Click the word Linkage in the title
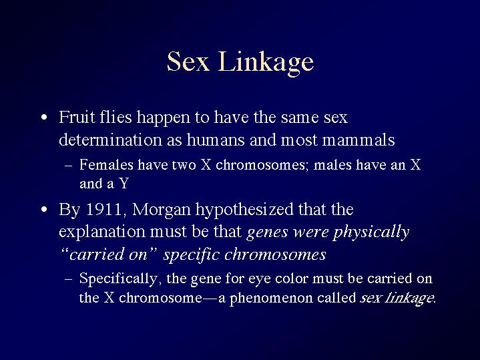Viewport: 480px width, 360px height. coord(266,63)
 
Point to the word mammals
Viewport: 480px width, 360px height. coord(358,140)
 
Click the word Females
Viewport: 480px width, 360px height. coord(106,165)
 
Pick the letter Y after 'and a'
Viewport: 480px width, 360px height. coord(124,184)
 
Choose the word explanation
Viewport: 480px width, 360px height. coord(102,232)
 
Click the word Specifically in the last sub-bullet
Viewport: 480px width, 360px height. coord(118,279)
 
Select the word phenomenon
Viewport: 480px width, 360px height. coord(271,299)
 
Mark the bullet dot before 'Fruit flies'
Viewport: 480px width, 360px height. coord(44,118)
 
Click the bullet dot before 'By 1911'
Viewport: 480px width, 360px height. coord(44,210)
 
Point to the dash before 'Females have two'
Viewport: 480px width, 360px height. coord(69,166)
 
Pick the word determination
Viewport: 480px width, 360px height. coord(110,140)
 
